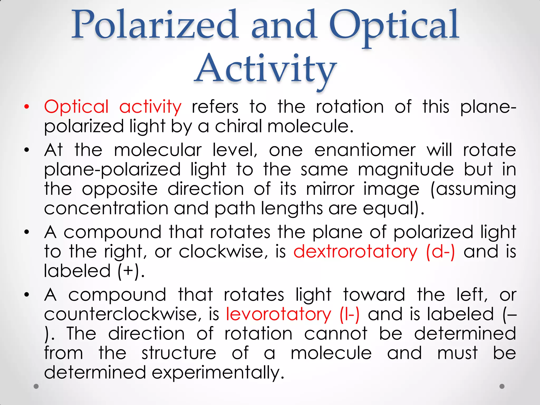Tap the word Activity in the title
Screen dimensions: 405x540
coord(266,69)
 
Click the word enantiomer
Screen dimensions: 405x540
coord(365,150)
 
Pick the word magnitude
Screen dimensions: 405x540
coord(406,170)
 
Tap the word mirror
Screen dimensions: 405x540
coord(330,189)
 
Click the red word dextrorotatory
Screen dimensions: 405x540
coord(355,252)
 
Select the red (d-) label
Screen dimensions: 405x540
coord(440,252)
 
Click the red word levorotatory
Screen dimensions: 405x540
coord(278,314)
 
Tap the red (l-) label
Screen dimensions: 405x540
coord(349,314)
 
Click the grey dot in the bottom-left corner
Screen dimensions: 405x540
coord(36,387)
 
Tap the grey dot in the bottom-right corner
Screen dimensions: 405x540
coord(502,387)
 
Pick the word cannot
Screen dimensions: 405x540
coord(336,334)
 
